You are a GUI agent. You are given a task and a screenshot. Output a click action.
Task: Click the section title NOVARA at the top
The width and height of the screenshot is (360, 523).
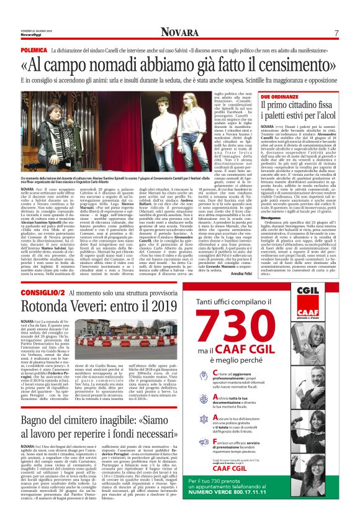click(x=179, y=32)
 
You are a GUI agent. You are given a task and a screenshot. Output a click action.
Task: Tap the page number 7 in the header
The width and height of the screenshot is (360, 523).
click(x=336, y=33)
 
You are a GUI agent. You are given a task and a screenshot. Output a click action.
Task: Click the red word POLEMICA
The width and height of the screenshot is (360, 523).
click(x=35, y=48)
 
